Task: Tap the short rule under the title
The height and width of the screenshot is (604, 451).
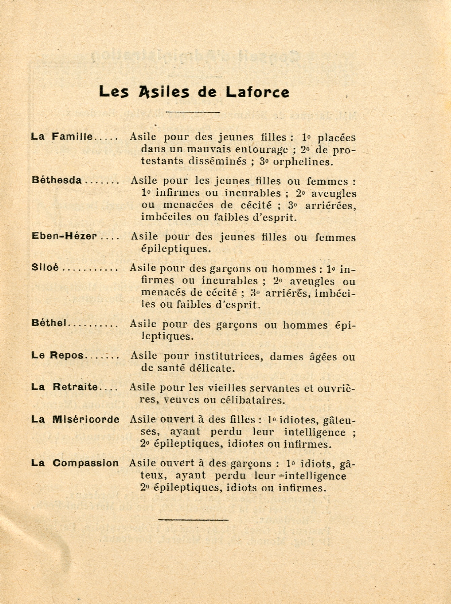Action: pyautogui.click(x=193, y=112)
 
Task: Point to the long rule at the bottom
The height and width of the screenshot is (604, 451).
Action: pyautogui.click(x=193, y=520)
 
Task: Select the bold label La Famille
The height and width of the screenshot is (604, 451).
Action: pyautogui.click(x=61, y=137)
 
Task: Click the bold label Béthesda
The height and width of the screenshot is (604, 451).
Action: pyautogui.click(x=56, y=180)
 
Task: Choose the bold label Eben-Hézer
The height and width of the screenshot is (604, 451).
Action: pyautogui.click(x=64, y=236)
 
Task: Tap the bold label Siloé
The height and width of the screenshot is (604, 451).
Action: pyautogui.click(x=45, y=268)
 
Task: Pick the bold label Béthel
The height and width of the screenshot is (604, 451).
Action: pyautogui.click(x=49, y=323)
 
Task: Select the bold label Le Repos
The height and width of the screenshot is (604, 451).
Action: pyautogui.click(x=57, y=355)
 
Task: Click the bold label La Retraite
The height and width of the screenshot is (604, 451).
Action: pyautogui.click(x=64, y=387)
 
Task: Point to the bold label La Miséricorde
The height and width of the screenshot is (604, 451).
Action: pyautogui.click(x=75, y=419)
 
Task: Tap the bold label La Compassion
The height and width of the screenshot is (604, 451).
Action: pyautogui.click(x=75, y=463)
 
